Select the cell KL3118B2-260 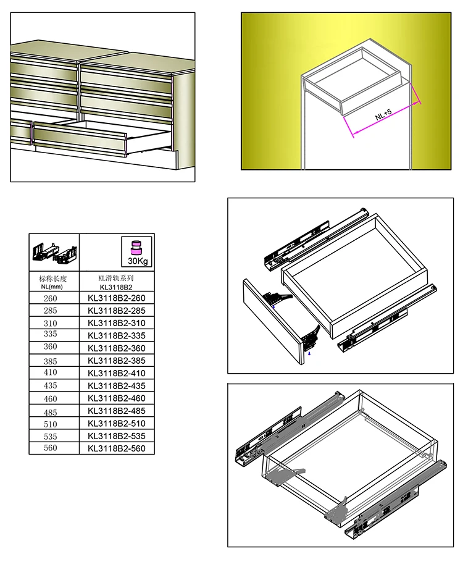[117, 298]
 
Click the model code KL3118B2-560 [117, 448]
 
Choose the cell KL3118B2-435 [117, 385]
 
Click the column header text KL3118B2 [117, 287]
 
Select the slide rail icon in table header [54, 252]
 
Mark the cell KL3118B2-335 [117, 335]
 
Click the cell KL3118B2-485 [117, 411]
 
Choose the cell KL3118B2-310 [117, 323]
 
